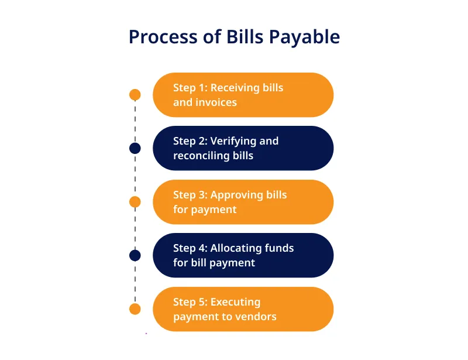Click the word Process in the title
[x=163, y=37]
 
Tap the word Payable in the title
[x=304, y=37]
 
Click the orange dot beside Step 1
[x=135, y=95]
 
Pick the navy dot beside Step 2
[x=135, y=148]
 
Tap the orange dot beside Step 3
[x=135, y=202]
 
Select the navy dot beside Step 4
[x=135, y=255]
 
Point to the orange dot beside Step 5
[x=135, y=309]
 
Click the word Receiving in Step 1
[x=235, y=88]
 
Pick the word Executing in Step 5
[x=236, y=302]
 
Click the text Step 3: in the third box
[x=191, y=195]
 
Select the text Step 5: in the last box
[x=191, y=302]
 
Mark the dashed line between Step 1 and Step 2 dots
[x=135, y=122]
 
